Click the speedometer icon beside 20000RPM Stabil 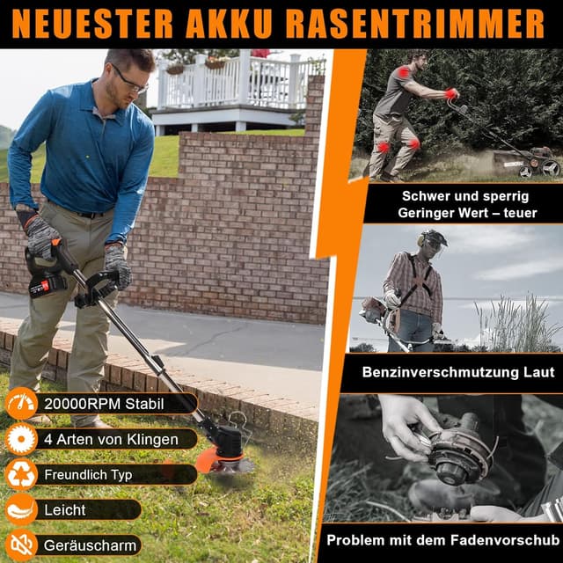pos(20,404)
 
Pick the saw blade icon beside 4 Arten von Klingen pos(20,439)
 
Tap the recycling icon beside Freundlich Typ pos(20,474)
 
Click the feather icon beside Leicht pos(20,509)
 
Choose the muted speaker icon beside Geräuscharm pos(20,545)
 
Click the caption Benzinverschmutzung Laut pos(458,372)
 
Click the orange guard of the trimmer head pos(216,458)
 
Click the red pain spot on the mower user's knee pos(413,143)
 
